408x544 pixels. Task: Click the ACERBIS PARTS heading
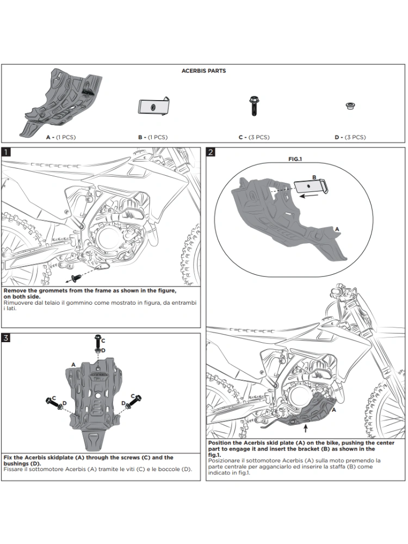click(203, 71)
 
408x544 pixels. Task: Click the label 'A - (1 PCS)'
click(61, 137)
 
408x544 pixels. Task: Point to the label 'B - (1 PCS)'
click(153, 137)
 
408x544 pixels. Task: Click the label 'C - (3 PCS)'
click(254, 137)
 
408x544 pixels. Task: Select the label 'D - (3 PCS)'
click(350, 137)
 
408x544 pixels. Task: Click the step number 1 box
click(6, 152)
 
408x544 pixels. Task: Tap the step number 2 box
click(211, 152)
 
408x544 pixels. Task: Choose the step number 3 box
click(6, 338)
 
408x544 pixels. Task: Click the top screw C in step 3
click(97, 341)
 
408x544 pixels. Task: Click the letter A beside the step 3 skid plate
click(73, 364)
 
